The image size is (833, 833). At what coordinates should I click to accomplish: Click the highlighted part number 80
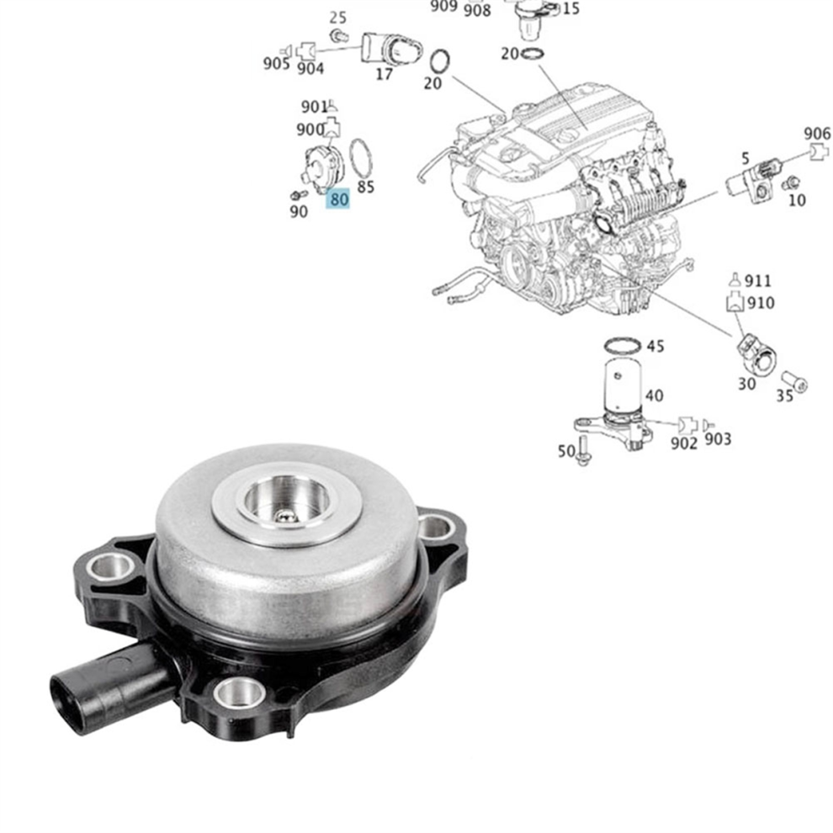(338, 199)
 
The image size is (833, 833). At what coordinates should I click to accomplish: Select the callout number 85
(365, 187)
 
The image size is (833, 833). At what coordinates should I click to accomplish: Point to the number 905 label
(276, 64)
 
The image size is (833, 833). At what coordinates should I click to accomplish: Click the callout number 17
(384, 74)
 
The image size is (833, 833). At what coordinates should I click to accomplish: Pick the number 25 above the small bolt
(338, 18)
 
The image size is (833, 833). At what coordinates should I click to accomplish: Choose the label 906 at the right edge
(817, 134)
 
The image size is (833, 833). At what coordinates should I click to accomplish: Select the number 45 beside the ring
(655, 347)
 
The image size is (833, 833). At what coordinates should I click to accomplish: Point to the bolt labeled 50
(583, 450)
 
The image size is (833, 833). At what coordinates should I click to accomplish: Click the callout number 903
(718, 439)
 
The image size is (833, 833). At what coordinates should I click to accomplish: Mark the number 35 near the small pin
(785, 395)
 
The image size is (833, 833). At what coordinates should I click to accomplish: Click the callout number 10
(797, 200)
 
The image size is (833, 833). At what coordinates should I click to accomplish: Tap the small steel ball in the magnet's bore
(286, 514)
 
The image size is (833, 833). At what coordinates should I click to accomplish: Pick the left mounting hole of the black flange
(111, 567)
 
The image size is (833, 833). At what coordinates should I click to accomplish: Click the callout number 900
(310, 129)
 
